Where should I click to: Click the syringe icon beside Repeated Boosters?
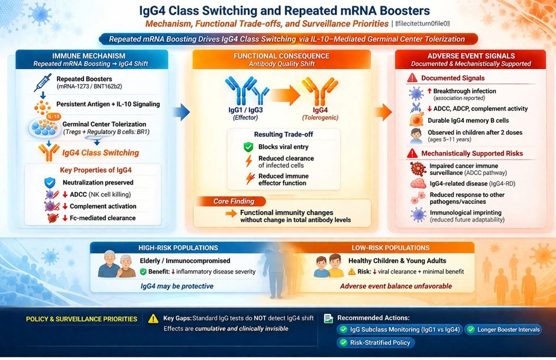pos(43,83)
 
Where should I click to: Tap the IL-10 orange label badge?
pos(54,116)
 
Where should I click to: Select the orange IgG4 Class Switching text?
pos(101,153)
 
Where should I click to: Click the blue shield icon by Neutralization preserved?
pos(50,183)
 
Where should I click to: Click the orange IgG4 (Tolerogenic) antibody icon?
pos(320,93)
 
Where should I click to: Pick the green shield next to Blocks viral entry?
pos(248,147)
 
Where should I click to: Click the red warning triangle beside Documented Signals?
pos(412,78)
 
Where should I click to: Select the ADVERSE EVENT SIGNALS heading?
pos(471,56)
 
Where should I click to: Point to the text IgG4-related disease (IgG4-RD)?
pos(472,184)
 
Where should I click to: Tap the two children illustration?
pos(328,266)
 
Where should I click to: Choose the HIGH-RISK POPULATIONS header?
pos(178,248)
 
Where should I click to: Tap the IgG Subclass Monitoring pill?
pos(398,329)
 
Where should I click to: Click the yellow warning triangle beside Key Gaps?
pos(153,319)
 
